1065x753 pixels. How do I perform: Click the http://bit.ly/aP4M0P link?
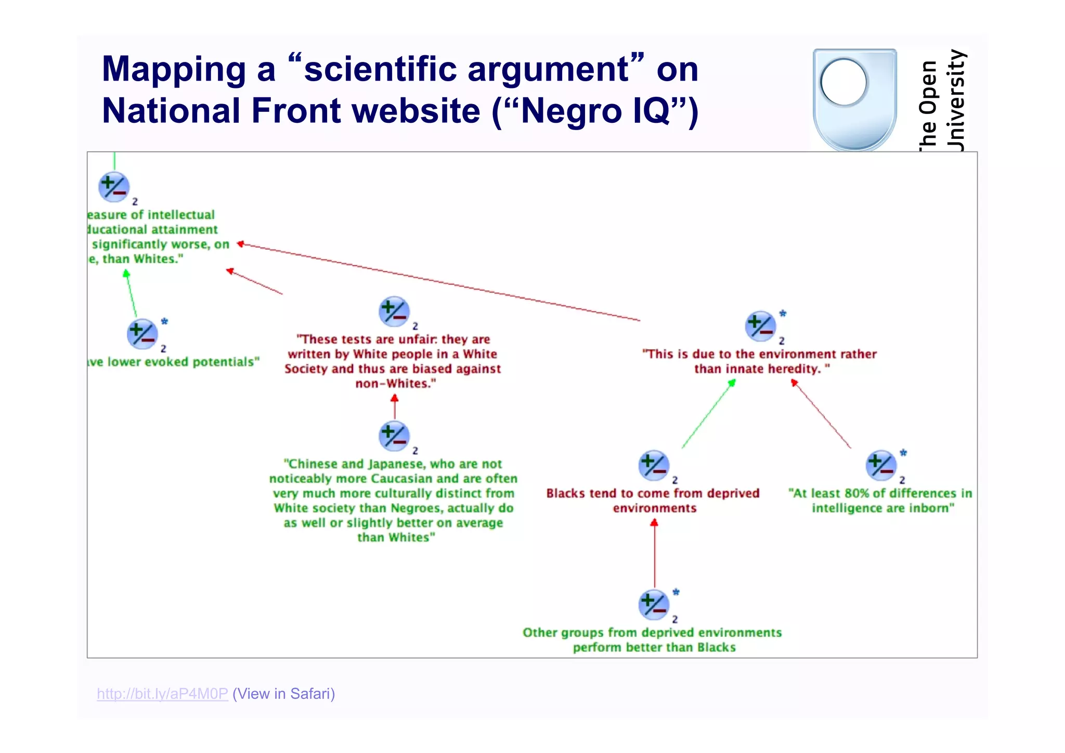click(x=162, y=694)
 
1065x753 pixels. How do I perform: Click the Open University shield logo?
click(x=854, y=99)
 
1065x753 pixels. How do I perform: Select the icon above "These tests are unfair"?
click(x=394, y=311)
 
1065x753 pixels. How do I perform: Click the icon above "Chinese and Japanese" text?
click(x=394, y=436)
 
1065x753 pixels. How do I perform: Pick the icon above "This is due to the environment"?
click(x=760, y=326)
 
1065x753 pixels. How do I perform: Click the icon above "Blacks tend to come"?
click(x=654, y=465)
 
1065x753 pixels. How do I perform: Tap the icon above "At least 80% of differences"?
click(x=881, y=465)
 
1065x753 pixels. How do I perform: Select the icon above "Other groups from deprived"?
click(x=654, y=605)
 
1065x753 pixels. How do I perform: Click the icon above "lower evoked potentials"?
click(x=142, y=334)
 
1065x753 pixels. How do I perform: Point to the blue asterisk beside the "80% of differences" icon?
click(x=903, y=453)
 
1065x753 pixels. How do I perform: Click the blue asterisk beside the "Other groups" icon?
click(x=676, y=592)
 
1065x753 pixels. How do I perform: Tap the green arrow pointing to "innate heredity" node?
click(x=708, y=414)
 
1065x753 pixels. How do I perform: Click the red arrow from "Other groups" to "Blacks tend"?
click(x=654, y=554)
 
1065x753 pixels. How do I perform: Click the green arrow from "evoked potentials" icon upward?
click(x=131, y=294)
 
